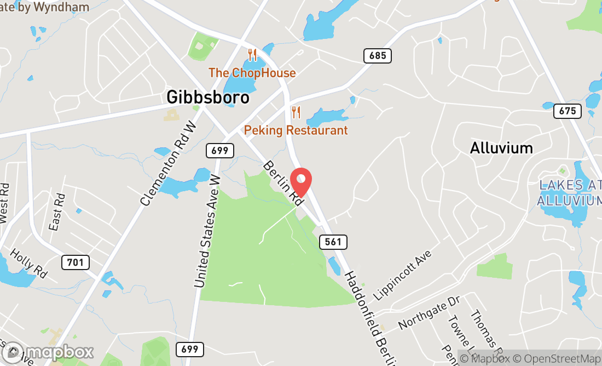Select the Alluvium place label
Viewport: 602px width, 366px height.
[x=501, y=148]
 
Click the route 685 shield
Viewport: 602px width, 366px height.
[x=378, y=55]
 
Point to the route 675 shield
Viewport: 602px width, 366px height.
[x=568, y=111]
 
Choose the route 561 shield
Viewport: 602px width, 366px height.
[x=333, y=242]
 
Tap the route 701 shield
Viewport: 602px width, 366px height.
[x=75, y=262]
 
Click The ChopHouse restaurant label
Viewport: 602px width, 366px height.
[x=252, y=73]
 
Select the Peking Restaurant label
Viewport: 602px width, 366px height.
[x=296, y=130]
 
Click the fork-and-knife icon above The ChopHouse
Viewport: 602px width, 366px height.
[x=252, y=55]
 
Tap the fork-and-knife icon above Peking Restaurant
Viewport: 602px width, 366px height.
[x=296, y=112]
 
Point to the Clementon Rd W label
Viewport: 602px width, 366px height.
[x=169, y=164]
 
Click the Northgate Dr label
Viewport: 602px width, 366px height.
[x=430, y=313]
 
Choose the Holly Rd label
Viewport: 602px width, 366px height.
[x=28, y=263]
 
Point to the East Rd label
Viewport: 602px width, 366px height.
[x=57, y=211]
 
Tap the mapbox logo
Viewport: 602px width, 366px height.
[x=48, y=352]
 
